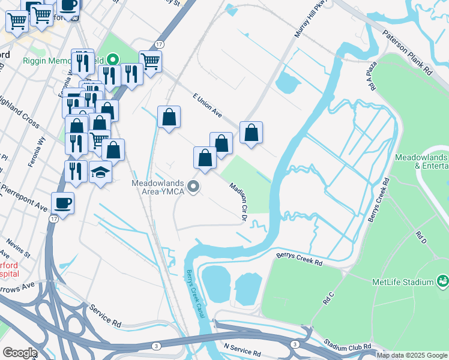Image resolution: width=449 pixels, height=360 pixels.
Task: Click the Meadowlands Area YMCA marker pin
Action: (x=193, y=188)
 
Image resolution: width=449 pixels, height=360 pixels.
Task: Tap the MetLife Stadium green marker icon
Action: (x=442, y=281)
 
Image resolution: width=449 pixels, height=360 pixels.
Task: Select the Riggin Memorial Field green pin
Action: (x=112, y=60)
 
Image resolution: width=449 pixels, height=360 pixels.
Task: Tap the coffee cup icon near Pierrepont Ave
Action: (x=63, y=203)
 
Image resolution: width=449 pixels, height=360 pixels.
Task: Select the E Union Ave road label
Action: (x=207, y=106)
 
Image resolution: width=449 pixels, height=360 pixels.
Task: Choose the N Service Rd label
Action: (x=243, y=349)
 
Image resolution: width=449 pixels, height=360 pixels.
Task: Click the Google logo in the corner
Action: (x=19, y=352)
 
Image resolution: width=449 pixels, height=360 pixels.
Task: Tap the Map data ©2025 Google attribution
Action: (x=411, y=355)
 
